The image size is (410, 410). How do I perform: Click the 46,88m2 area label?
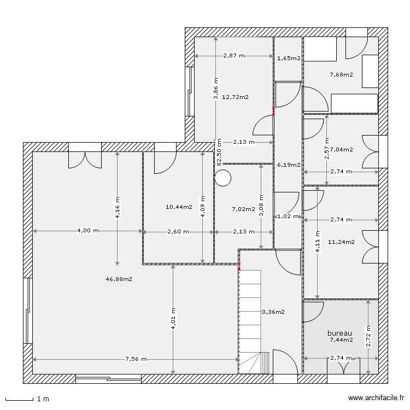119,279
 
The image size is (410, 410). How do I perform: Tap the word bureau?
339,333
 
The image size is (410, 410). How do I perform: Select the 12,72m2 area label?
236,97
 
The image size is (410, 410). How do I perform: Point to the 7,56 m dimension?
135,359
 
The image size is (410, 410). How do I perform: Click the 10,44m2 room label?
179,207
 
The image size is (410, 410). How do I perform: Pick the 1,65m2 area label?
289,58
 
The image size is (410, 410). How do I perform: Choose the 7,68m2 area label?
341,75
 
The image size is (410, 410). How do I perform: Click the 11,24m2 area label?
341,241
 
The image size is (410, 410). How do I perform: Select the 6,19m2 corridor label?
289,165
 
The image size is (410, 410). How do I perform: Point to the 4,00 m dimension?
88,231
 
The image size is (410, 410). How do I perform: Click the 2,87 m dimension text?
234,56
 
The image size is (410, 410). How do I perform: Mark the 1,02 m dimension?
289,216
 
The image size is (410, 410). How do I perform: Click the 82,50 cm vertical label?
219,152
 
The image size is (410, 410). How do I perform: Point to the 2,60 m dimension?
178,232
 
